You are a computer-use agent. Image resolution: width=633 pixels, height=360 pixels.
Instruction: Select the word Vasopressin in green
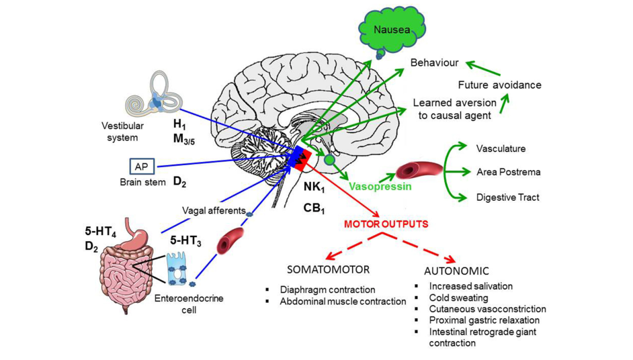(380, 186)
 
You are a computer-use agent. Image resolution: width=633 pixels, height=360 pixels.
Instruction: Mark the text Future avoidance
(499, 85)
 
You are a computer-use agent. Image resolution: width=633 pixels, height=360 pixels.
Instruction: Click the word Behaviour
(435, 62)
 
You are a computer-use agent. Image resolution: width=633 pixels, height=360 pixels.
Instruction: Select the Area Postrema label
(508, 172)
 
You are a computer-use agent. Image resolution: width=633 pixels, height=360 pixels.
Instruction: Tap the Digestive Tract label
(507, 197)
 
